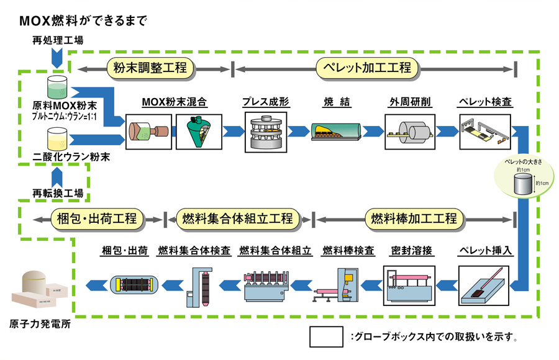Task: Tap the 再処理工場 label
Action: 58,41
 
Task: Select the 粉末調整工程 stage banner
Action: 150,68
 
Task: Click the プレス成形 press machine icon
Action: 266,131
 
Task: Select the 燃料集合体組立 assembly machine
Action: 266,285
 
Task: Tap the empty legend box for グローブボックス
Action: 326,336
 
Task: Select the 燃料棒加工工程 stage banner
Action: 413,218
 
